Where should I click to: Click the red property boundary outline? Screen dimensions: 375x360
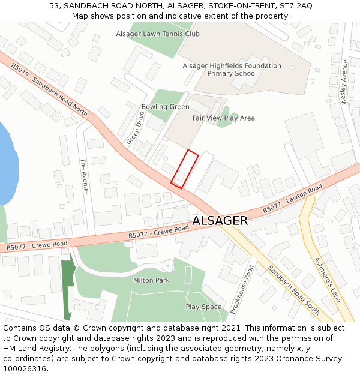click(185, 169)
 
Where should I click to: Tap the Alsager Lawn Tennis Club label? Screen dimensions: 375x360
click(158, 34)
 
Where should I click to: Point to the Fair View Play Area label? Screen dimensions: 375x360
click(223, 118)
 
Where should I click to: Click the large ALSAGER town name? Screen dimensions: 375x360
click(220, 221)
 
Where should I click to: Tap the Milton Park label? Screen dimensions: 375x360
click(151, 280)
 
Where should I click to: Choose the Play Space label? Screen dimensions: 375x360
click(203, 307)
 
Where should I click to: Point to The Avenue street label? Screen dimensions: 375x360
click(84, 175)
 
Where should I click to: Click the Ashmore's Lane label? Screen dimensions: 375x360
click(327, 280)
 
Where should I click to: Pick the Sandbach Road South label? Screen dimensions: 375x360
click(293, 290)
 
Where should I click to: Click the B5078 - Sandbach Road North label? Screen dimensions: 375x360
click(49, 91)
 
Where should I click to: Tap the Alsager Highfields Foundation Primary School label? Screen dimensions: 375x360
click(232, 70)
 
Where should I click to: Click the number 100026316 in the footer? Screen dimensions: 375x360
click(25, 368)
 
